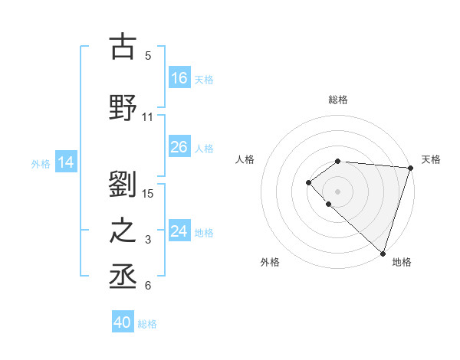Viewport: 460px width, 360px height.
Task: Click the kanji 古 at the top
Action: coord(123,47)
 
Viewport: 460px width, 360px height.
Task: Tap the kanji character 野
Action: coord(123,108)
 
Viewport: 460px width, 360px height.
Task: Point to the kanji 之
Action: coord(123,231)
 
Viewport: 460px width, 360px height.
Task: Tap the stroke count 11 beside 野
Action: coord(148,117)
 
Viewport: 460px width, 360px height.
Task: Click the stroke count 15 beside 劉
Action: coord(148,193)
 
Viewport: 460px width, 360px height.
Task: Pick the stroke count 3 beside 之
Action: coord(148,240)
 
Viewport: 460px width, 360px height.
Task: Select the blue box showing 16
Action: coord(179,77)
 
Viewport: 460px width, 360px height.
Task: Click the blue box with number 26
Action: coord(179,147)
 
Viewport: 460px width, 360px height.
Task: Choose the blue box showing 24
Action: coord(179,231)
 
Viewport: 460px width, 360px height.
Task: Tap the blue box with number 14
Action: coord(66,162)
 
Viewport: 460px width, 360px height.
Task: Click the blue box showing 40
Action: coord(123,322)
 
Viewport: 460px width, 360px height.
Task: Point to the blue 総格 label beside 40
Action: coord(148,324)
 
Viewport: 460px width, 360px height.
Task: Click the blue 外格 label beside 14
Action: coord(41,163)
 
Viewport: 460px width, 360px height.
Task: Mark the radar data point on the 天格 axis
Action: coord(410,168)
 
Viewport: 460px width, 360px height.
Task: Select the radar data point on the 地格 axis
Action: coord(383,253)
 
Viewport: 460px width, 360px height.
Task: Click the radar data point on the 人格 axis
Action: coord(308,182)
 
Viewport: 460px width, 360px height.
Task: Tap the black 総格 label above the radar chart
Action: coord(338,100)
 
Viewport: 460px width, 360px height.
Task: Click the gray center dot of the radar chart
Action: coord(338,191)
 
